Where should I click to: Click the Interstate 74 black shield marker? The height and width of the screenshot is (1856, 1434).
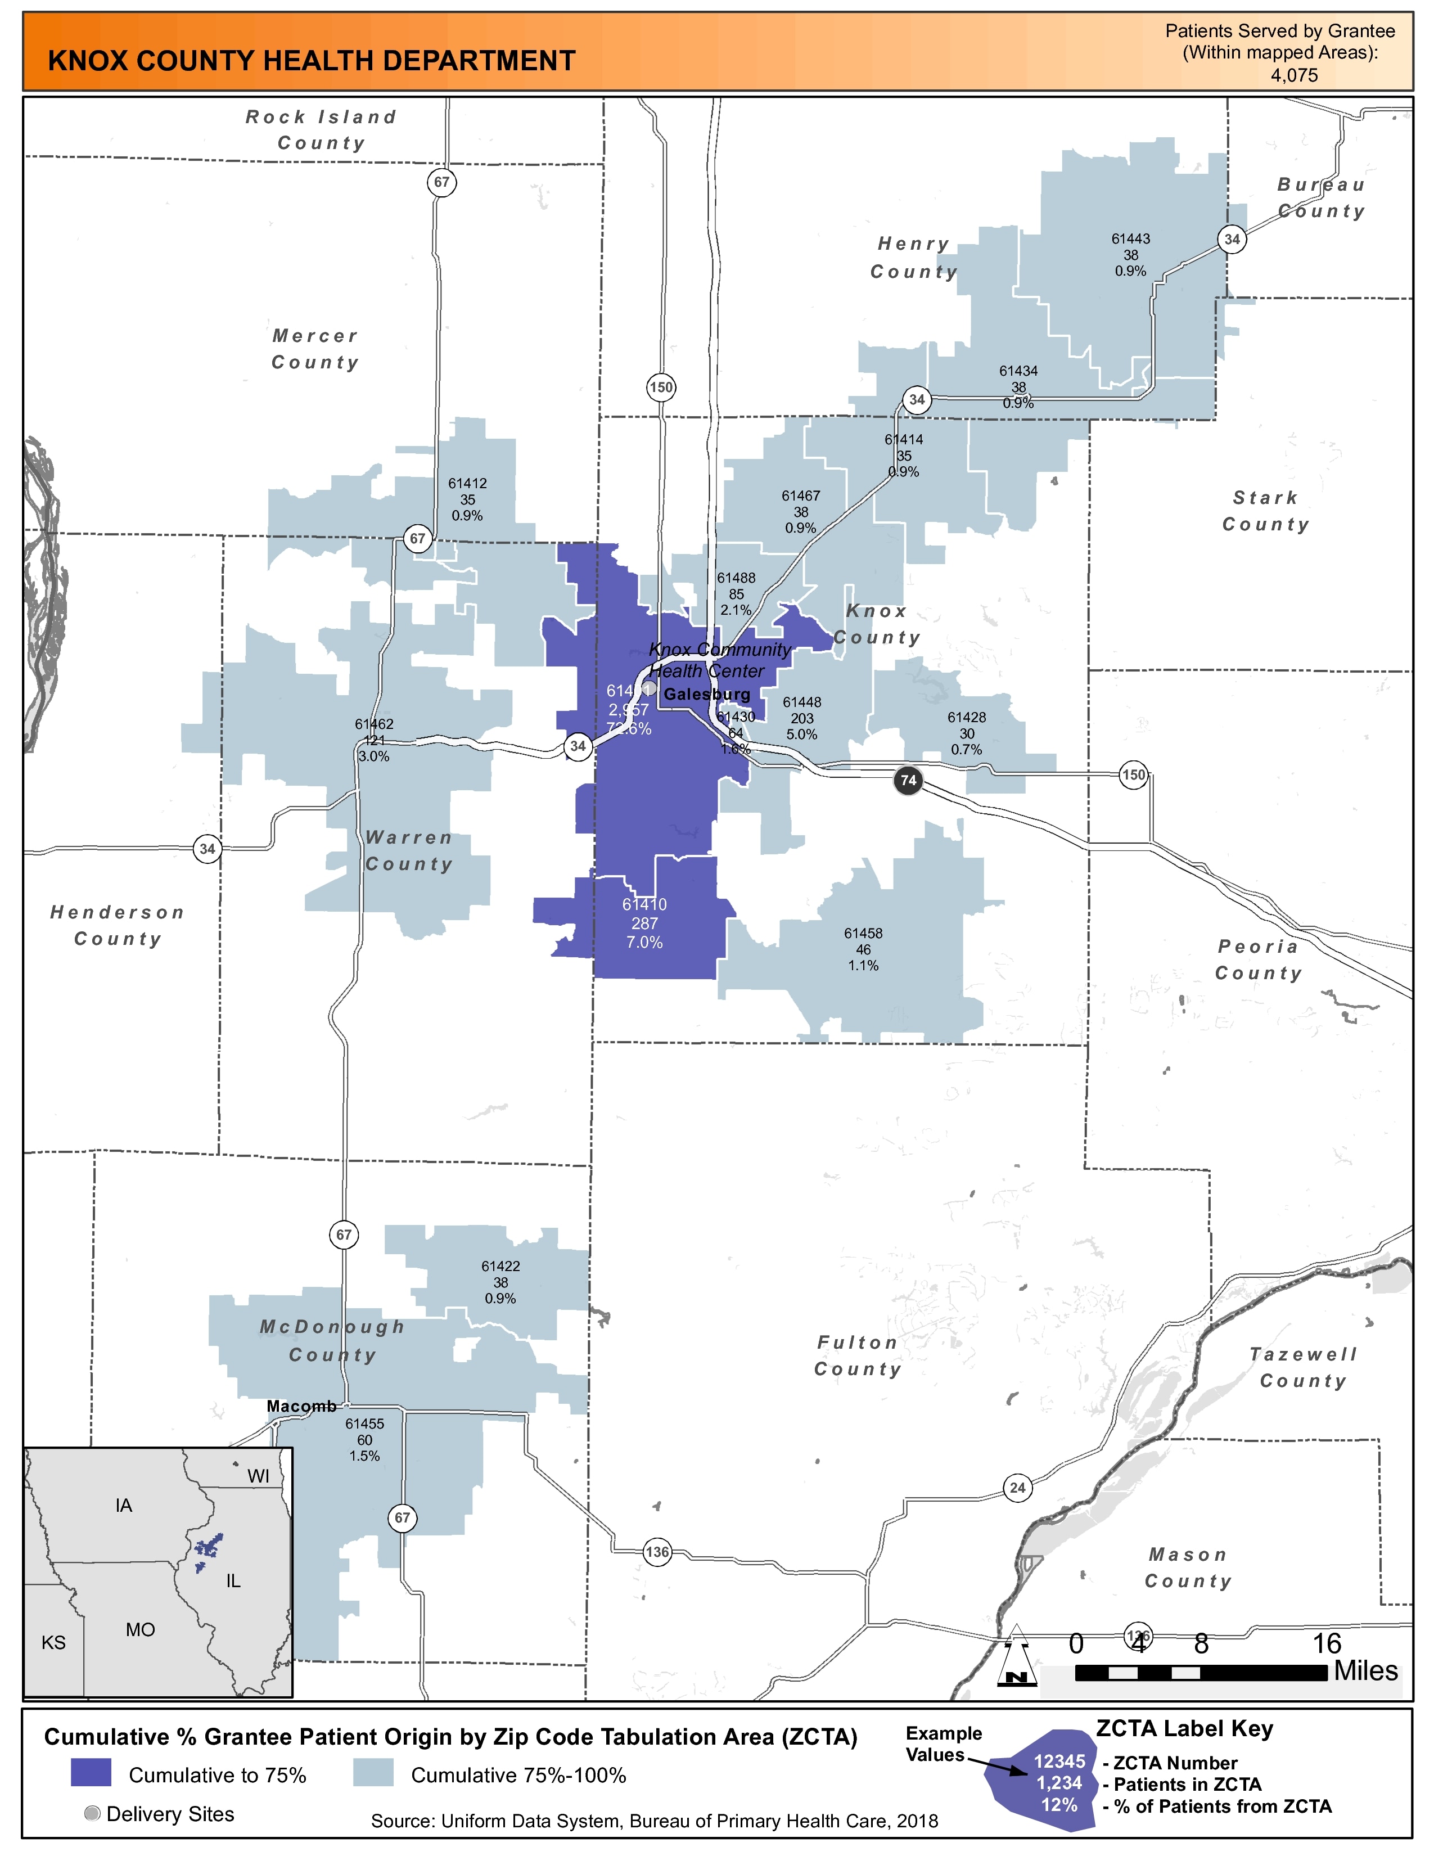point(908,780)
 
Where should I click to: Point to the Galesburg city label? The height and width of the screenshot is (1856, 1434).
point(707,694)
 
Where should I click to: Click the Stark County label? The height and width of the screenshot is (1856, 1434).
point(1266,511)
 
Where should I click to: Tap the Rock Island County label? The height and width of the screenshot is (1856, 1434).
point(321,129)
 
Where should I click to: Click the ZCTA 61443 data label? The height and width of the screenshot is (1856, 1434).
point(1131,255)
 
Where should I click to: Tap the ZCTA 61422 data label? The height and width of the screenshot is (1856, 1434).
point(500,1282)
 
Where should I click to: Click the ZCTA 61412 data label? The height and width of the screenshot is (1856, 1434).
point(467,499)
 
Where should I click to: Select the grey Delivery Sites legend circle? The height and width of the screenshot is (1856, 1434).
point(93,1813)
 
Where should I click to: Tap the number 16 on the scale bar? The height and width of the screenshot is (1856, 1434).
point(1327,1643)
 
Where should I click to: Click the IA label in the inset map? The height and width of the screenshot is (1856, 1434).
point(124,1506)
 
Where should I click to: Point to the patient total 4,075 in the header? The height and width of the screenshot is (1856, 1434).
point(1294,75)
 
